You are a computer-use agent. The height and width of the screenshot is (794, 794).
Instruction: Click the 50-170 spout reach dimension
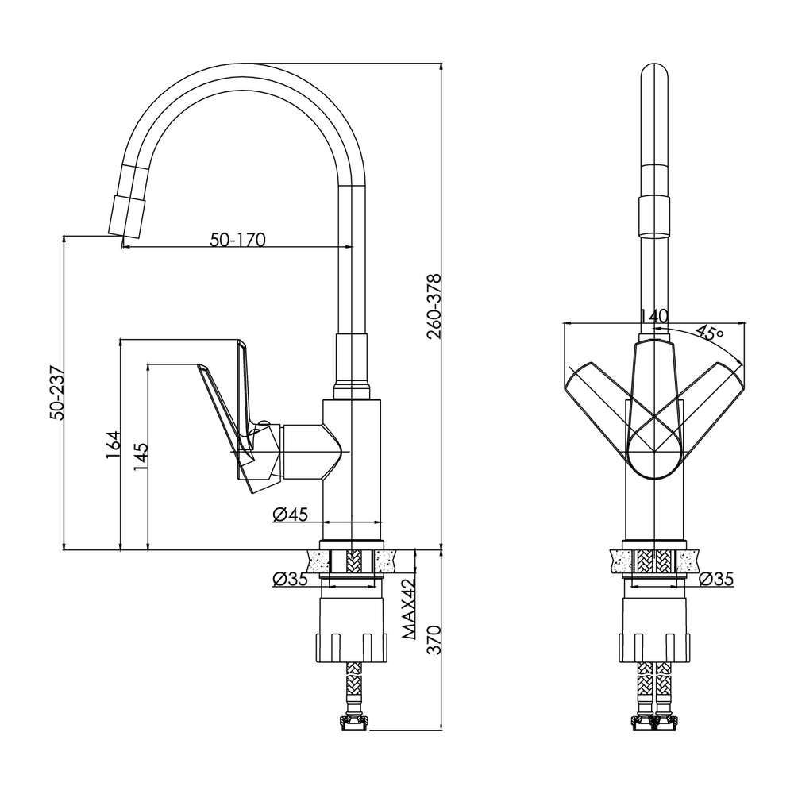tap(237, 239)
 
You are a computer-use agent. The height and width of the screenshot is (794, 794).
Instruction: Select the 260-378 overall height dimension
tap(434, 306)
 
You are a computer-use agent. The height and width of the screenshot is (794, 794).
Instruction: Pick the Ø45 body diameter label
tap(290, 515)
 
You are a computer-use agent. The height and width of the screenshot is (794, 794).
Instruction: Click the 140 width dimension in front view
tap(653, 316)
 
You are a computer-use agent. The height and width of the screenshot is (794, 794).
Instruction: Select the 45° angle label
tap(709, 333)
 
